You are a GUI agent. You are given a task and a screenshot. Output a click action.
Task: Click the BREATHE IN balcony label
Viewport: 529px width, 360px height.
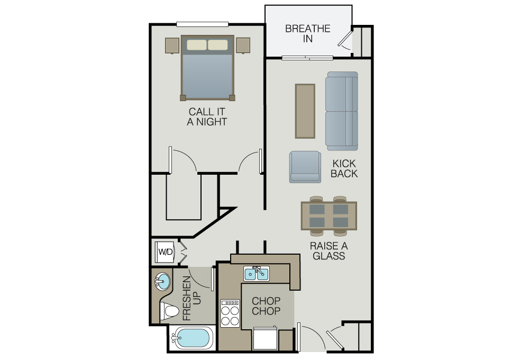pyautogui.click(x=307, y=33)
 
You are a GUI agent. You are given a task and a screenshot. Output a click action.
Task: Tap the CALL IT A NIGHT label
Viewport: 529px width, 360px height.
pyautogui.click(x=207, y=116)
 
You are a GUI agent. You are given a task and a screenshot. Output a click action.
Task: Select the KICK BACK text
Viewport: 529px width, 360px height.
pyautogui.click(x=344, y=168)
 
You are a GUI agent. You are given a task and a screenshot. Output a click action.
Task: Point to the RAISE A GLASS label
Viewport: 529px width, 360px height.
pyautogui.click(x=329, y=250)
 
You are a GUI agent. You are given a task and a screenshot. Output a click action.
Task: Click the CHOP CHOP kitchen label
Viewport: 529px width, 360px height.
pyautogui.click(x=266, y=305)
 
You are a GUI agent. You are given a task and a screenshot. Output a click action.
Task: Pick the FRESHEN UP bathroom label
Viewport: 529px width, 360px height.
pyautogui.click(x=191, y=298)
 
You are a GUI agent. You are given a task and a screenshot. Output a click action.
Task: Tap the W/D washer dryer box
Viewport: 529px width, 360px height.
pyautogui.click(x=165, y=251)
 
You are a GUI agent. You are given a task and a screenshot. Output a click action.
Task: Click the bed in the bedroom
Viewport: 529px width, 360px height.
pyautogui.click(x=207, y=68)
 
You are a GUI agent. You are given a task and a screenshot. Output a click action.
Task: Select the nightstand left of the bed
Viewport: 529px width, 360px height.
pyautogui.click(x=172, y=46)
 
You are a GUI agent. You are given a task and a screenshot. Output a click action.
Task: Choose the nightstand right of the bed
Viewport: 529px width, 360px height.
pyautogui.click(x=243, y=46)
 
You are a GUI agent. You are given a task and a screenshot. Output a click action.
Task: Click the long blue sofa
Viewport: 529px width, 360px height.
pyautogui.click(x=341, y=111)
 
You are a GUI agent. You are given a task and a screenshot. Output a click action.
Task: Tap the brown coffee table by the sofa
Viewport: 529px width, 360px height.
pyautogui.click(x=305, y=111)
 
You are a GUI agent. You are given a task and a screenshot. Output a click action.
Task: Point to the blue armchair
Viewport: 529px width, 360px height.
pyautogui.click(x=305, y=167)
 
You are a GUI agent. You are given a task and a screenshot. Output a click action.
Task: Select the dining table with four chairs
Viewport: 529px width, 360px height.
pyautogui.click(x=329, y=216)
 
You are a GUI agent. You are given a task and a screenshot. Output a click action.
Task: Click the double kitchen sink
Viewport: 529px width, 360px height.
pyautogui.click(x=257, y=274)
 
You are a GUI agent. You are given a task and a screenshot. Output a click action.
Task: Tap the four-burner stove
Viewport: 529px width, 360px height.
pyautogui.click(x=230, y=313)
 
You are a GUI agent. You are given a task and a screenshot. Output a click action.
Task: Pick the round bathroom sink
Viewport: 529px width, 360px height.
pyautogui.click(x=162, y=281)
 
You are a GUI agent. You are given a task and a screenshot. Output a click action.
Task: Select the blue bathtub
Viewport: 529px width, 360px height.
pyautogui.click(x=191, y=338)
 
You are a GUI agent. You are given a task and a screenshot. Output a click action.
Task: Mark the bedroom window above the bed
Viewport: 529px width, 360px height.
pyautogui.click(x=203, y=24)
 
